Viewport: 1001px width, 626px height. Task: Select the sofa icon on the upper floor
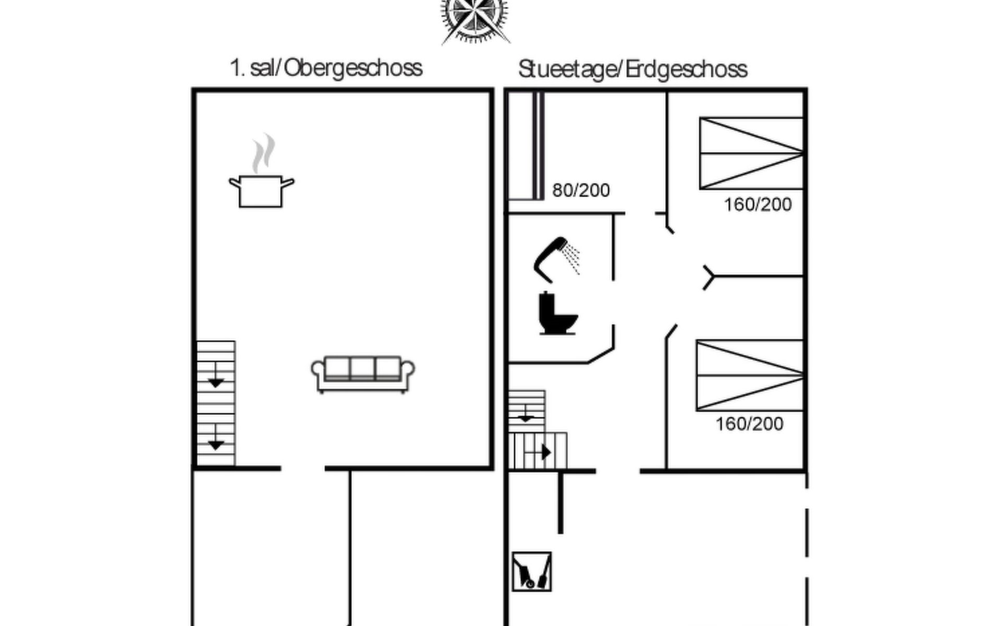(363, 374)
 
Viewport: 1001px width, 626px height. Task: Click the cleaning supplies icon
(531, 572)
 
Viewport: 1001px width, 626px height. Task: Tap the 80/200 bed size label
(581, 190)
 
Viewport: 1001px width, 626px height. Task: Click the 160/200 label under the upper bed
(758, 204)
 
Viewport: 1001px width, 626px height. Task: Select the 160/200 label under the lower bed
(749, 424)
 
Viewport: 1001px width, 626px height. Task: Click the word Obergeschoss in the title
(353, 68)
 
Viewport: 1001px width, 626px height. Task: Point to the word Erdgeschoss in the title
(687, 69)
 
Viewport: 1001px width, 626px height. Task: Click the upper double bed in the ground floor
(751, 153)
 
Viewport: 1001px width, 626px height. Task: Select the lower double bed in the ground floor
(750, 375)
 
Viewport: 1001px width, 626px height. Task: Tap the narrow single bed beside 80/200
(526, 146)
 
